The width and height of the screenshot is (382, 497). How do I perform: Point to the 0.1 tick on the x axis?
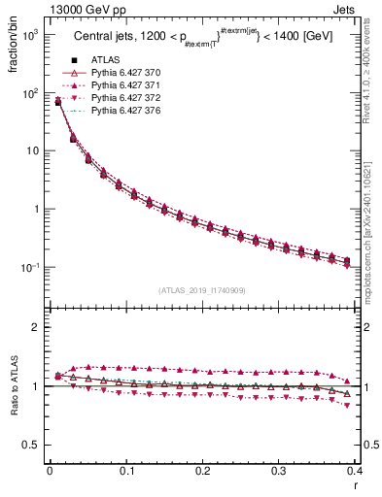[x=125, y=471]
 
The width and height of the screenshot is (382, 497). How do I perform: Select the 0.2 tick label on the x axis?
[x=202, y=471]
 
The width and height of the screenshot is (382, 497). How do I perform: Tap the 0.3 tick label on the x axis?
[x=279, y=471]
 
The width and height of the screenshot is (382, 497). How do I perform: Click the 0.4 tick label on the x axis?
[x=355, y=471]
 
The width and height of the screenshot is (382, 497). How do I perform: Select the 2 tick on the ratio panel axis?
[x=37, y=327]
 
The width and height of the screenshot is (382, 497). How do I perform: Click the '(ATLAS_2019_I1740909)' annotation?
[x=202, y=290]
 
